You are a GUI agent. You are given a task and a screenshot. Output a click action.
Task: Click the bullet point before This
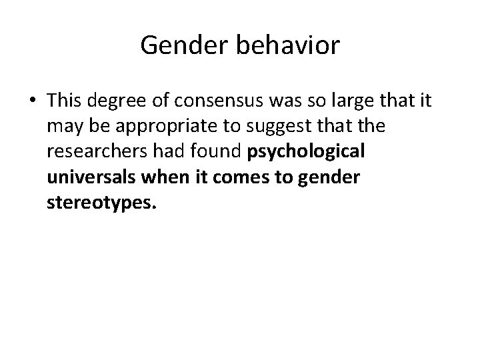[x=31, y=101]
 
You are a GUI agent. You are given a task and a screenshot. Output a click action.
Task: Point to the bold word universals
[x=83, y=177]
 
